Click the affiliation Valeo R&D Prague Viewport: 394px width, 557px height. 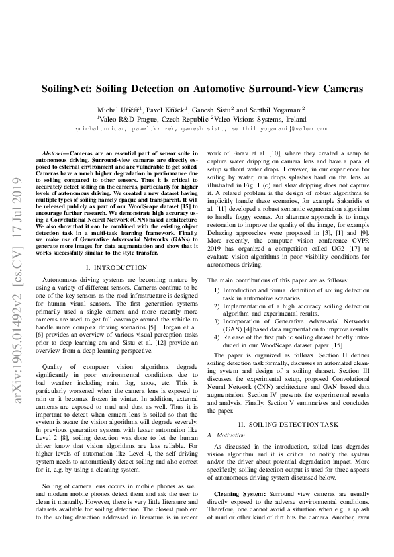[130, 118]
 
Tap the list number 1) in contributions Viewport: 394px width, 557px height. [217, 309]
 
